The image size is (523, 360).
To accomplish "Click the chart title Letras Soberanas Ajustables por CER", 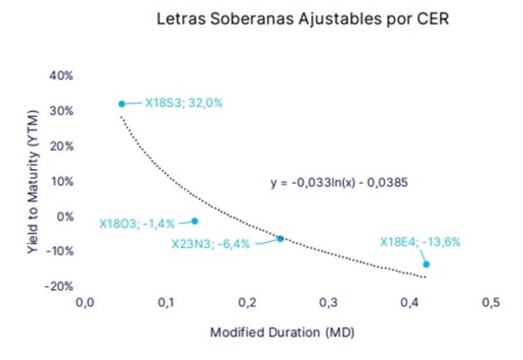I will (303, 19).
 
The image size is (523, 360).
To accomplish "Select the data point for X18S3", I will (122, 104).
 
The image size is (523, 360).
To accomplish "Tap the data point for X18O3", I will (194, 221).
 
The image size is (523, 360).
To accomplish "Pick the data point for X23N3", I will (280, 239).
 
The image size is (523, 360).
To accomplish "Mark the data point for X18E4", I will (426, 264).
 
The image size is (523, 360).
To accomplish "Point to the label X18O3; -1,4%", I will (137, 223).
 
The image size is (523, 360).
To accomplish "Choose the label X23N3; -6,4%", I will (210, 244).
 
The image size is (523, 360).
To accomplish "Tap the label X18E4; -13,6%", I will (420, 242).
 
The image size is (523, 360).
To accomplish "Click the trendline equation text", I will (339, 183).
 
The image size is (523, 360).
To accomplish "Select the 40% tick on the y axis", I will (61, 76).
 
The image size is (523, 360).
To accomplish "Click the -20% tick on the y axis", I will (60, 286).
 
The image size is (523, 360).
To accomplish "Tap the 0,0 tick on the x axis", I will (85, 303).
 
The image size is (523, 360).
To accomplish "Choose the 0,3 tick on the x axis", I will (328, 303).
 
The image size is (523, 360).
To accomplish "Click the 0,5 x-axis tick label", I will (490, 303).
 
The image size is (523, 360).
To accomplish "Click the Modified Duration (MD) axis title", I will (282, 333).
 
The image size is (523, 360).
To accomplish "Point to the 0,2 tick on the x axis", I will (247, 303).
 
